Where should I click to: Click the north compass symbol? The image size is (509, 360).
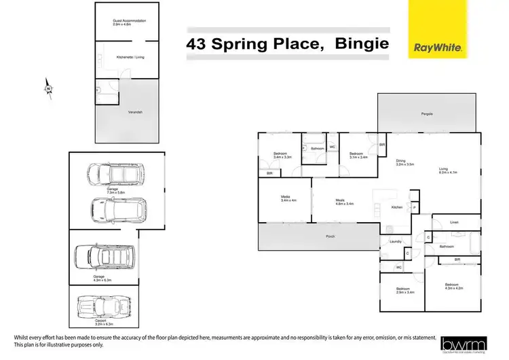(x=48, y=90)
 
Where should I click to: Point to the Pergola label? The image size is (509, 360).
(x=426, y=113)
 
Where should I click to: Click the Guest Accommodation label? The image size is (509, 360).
(x=129, y=23)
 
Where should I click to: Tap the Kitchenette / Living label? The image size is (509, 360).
(x=129, y=57)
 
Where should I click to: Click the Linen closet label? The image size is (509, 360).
(x=455, y=222)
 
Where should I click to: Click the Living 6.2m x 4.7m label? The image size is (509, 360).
(x=449, y=171)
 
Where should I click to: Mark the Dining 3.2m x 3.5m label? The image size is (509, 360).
(x=406, y=163)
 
